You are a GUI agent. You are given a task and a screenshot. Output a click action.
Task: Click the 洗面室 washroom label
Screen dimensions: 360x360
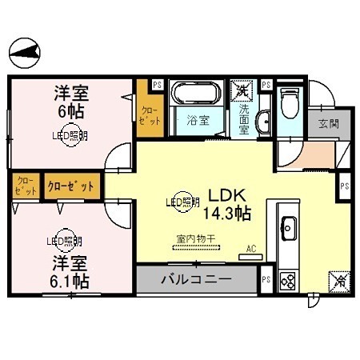[x=244, y=118]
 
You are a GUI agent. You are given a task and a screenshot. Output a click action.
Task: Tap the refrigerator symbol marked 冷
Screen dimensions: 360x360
[x=337, y=281]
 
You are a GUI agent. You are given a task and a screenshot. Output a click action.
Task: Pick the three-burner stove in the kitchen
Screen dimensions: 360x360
[x=287, y=281]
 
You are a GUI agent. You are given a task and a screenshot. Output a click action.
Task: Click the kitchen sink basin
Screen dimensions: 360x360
[x=287, y=226]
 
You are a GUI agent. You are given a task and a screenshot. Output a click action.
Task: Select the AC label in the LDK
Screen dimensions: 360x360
[x=251, y=248]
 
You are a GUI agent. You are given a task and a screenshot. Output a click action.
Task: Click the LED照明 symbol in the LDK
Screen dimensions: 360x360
[x=182, y=203]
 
